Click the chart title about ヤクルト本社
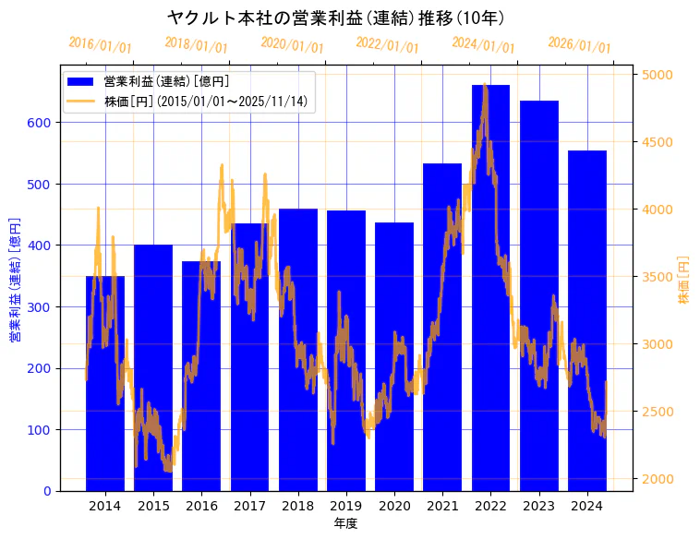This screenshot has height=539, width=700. click(336, 18)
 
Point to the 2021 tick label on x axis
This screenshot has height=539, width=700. click(442, 505)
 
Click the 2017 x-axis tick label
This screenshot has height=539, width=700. click(249, 505)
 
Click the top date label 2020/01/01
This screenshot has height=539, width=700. click(293, 45)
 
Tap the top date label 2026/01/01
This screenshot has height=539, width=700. click(579, 45)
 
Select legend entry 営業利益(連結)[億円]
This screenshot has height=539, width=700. click(166, 82)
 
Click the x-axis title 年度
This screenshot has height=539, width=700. click(346, 523)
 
